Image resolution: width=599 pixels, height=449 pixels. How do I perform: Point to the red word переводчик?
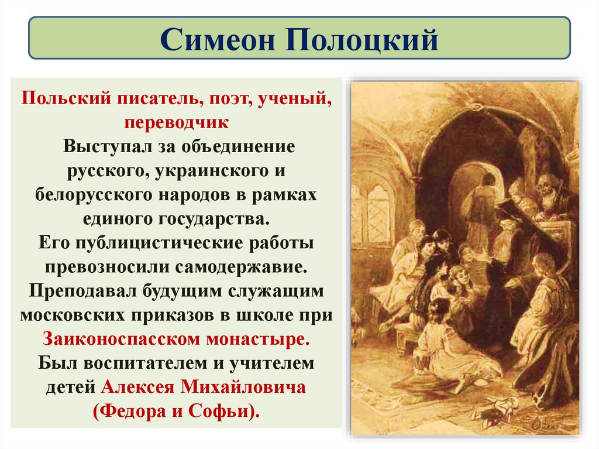click(176, 122)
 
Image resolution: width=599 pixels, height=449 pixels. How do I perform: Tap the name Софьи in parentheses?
click(225, 411)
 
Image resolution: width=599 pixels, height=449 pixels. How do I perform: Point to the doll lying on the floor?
click(496, 407)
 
